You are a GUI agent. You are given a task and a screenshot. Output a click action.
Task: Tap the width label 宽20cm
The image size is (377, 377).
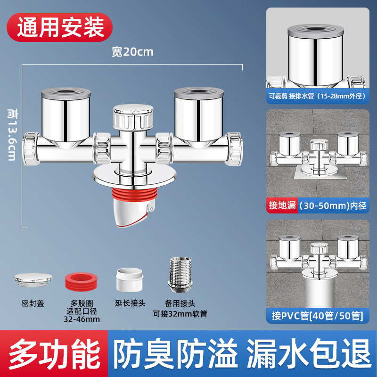click(x=132, y=51)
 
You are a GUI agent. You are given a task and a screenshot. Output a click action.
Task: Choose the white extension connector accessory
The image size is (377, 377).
click(x=129, y=280)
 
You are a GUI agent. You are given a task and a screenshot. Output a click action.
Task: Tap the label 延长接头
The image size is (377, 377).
click(x=129, y=304)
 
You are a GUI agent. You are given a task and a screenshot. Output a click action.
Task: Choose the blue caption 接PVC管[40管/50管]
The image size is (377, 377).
click(x=317, y=316)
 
